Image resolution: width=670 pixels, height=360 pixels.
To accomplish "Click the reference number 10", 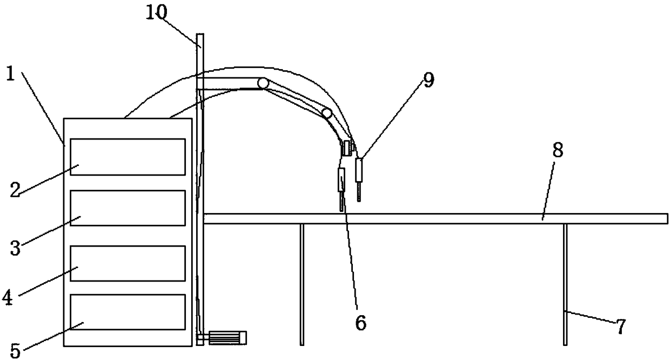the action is coord(157,13).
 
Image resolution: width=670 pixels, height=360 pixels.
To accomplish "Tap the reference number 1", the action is coord(11,75).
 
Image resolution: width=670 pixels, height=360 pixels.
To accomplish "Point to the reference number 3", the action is coord(16,249).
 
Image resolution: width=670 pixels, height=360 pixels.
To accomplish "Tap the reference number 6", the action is coord(360,323).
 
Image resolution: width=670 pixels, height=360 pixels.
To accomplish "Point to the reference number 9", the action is coord(428,79).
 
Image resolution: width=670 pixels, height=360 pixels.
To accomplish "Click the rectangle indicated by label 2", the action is coord(128,157).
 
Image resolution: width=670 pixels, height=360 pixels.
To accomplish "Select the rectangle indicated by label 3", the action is coord(128,208).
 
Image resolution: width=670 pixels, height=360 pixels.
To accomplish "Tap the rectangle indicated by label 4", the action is coord(128,263).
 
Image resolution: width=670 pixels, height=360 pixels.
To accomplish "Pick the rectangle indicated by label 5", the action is coord(128,312).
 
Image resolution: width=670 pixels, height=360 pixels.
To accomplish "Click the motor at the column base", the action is coord(227,338).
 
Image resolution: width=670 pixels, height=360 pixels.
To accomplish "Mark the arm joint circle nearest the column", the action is coord(263,84).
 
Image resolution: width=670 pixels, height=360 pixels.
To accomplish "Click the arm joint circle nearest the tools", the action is coord(327,113).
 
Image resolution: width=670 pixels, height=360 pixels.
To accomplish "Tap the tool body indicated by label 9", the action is coord(358,169).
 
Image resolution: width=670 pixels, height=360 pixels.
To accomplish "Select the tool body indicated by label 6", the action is coord(341,179).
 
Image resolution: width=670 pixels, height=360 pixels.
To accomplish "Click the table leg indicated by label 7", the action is coord(565,284).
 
